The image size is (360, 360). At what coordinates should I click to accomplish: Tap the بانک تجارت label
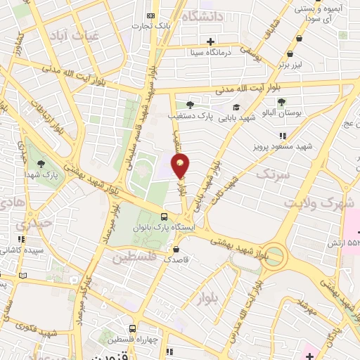point(154,26)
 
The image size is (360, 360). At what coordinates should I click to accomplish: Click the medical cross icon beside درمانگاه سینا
point(211,41)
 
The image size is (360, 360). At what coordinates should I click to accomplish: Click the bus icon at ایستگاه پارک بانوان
point(164,217)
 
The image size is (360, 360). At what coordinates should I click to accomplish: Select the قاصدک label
point(177,258)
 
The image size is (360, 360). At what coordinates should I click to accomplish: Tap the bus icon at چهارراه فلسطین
point(132,328)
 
